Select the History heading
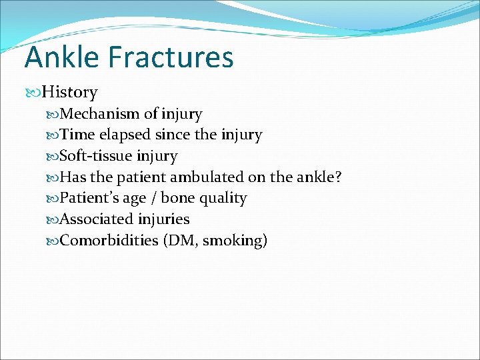click(x=69, y=92)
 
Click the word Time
click(x=77, y=135)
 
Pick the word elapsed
click(x=125, y=135)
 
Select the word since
click(x=172, y=135)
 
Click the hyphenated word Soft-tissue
click(x=97, y=156)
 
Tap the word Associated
click(x=96, y=219)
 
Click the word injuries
click(x=163, y=219)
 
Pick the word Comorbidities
click(x=109, y=241)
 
